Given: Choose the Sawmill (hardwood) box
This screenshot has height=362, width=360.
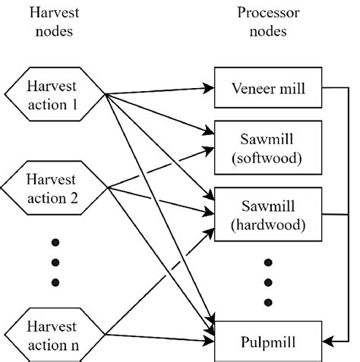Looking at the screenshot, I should tap(267, 214).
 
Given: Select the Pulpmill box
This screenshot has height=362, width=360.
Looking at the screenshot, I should tap(267, 342).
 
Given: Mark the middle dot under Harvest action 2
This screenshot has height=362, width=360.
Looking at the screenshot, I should tap(54, 262).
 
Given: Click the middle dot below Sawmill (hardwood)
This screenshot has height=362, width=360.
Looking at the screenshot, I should tap(267, 283).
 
